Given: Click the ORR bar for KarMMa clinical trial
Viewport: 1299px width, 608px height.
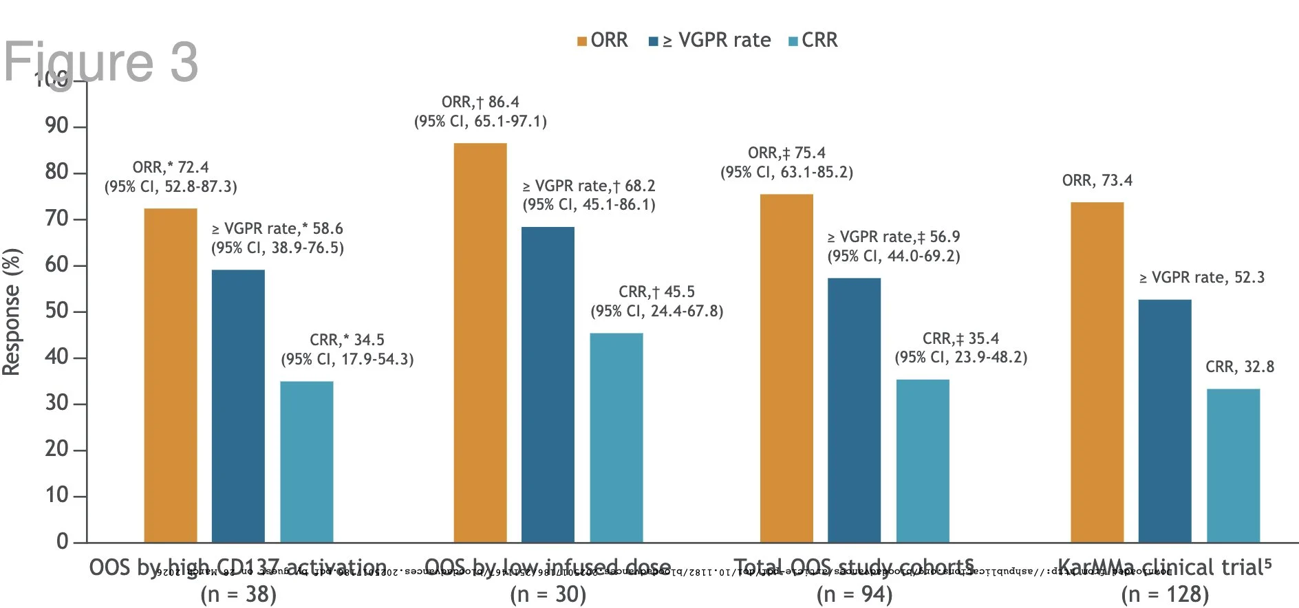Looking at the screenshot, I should [x=1097, y=371].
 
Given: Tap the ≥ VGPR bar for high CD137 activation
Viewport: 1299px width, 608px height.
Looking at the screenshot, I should [x=237, y=406].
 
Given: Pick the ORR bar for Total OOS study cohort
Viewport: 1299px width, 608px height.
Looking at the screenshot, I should [x=786, y=368].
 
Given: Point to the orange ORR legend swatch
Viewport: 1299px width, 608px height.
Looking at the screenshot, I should [x=582, y=41].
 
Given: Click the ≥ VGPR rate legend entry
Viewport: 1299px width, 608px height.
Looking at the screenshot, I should [x=716, y=41].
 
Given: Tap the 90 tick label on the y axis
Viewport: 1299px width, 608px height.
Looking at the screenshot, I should [x=56, y=126].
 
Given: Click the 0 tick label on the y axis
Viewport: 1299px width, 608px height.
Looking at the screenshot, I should [x=62, y=541].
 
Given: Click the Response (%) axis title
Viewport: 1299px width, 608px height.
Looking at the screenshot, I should [x=12, y=312].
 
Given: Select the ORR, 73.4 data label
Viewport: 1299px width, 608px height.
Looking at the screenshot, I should [x=1097, y=181].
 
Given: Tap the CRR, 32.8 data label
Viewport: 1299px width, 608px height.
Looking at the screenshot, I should [x=1239, y=367].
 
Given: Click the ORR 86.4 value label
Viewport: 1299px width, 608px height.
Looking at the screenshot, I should [x=480, y=102].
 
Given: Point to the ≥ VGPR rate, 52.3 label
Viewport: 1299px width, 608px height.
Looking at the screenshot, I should [x=1201, y=278].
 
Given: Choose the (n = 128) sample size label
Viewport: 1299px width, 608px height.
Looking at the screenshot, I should [x=1164, y=594].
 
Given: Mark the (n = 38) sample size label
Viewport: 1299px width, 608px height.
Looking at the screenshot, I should [x=238, y=594].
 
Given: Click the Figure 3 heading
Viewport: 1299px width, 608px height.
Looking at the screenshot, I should [x=101, y=62].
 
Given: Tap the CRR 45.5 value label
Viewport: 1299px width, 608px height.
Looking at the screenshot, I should [x=656, y=292].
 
